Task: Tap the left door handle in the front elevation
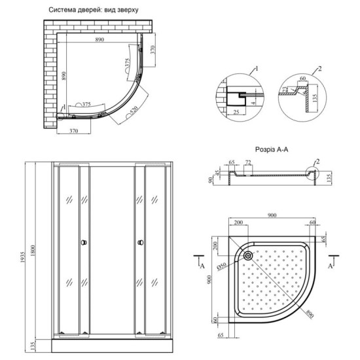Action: coord(82,244)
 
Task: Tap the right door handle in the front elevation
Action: coord(140,244)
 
